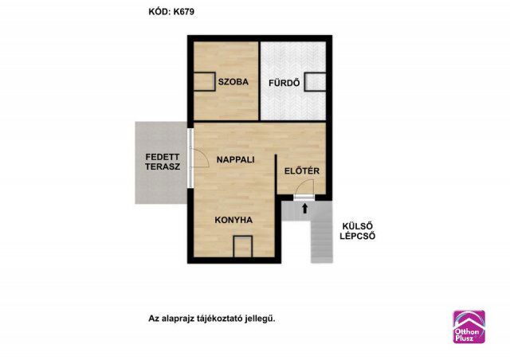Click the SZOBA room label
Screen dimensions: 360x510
pos(233,82)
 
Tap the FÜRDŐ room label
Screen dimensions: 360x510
pos(282,82)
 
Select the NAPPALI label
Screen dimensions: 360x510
pos(235,159)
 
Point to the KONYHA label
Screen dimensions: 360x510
pos(233,220)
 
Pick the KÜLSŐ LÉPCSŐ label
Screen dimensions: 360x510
pos(359,231)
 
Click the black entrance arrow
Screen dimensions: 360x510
pos(305,209)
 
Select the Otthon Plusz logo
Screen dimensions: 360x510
pos(469,326)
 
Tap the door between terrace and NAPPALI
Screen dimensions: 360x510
pos(191,158)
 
